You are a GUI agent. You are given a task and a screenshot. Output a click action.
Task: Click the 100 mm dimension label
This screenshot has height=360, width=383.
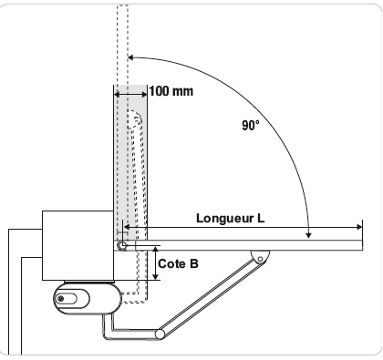coord(171,91)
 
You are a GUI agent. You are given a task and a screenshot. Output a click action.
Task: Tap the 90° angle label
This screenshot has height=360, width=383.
coord(251,125)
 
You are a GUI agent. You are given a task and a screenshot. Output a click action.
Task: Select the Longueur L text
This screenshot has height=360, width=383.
coord(230,218)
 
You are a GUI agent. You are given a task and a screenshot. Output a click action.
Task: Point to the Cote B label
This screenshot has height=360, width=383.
coord(178,263)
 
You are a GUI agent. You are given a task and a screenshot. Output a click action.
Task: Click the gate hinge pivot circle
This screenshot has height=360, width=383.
coord(122,245)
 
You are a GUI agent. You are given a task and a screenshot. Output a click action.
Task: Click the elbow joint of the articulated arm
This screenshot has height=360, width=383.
coord(160,334)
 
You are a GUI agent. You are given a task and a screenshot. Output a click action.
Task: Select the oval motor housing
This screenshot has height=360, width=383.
coord(88,298)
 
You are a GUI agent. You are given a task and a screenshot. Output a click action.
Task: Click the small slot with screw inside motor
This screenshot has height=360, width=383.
coord(67,299)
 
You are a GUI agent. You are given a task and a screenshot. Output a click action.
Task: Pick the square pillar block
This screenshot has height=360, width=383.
coord(78,245)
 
